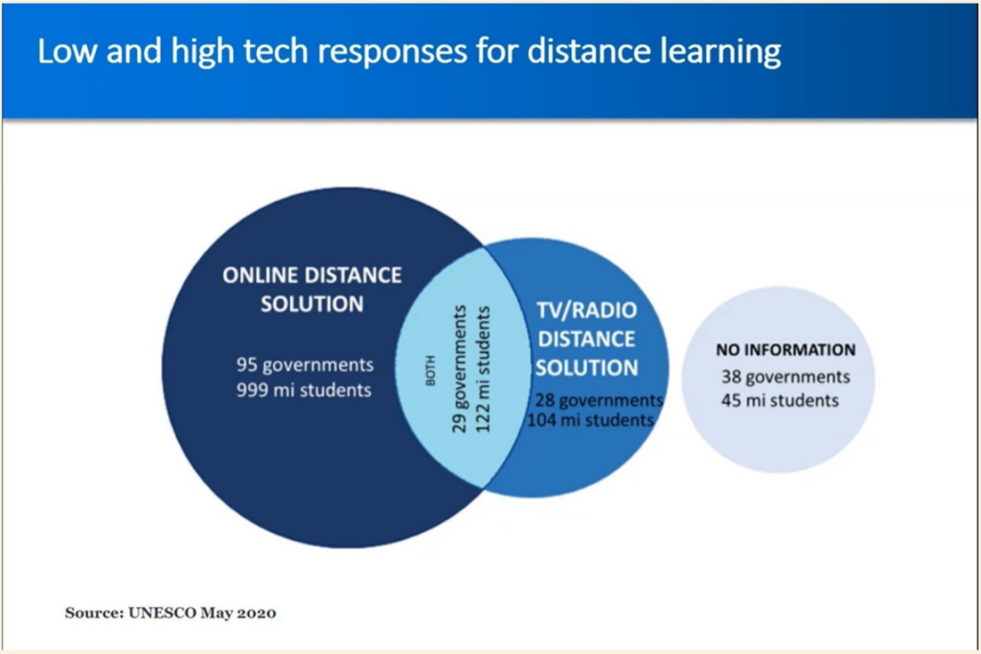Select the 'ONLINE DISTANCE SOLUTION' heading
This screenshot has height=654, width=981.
[x=312, y=290]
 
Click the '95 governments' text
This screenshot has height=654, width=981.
[x=305, y=365]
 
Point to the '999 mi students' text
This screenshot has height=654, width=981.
[x=304, y=390]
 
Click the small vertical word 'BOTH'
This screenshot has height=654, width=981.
[x=430, y=370]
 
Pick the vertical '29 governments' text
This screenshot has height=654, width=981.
[x=460, y=369]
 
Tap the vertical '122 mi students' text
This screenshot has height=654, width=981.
[x=484, y=369]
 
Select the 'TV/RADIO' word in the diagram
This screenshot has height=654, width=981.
[x=587, y=310]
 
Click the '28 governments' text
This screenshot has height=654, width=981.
[x=599, y=400]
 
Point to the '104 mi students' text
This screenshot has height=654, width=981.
[x=590, y=420]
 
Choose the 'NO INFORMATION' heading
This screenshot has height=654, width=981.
[x=786, y=350]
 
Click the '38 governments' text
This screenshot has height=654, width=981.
[x=786, y=377]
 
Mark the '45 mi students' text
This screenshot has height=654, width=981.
[x=780, y=400]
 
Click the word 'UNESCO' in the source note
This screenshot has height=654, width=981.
[x=162, y=613]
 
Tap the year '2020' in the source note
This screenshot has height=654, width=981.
[x=257, y=613]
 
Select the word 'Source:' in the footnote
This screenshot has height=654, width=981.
[x=95, y=613]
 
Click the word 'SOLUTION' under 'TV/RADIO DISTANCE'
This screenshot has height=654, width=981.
[x=587, y=367]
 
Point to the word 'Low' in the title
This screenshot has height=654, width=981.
[x=67, y=52]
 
